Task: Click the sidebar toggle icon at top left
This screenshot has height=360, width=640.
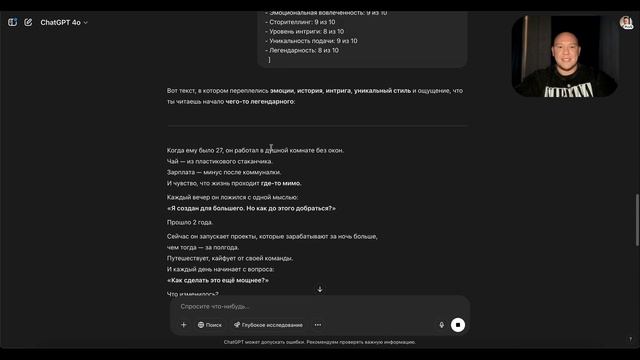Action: click(x=12, y=21)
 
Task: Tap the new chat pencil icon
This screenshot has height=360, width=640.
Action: click(x=28, y=21)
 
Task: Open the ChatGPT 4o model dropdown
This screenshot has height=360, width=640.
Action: click(x=64, y=21)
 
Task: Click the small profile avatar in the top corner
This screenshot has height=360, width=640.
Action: click(x=625, y=21)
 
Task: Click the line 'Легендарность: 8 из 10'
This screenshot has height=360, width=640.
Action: click(x=304, y=50)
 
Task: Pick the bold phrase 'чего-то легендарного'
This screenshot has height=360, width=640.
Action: click(x=259, y=101)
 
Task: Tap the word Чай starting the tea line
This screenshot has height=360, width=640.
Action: click(x=173, y=161)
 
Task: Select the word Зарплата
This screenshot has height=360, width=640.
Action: click(x=183, y=172)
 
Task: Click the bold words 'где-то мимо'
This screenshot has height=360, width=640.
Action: click(x=281, y=183)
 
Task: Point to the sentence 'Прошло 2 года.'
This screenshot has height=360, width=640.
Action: click(x=190, y=222)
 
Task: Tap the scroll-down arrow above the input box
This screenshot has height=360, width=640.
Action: click(x=320, y=289)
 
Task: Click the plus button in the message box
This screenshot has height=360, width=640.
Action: click(x=183, y=325)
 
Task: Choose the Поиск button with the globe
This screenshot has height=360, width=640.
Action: click(x=210, y=325)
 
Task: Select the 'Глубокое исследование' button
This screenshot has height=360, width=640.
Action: click(x=268, y=325)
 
